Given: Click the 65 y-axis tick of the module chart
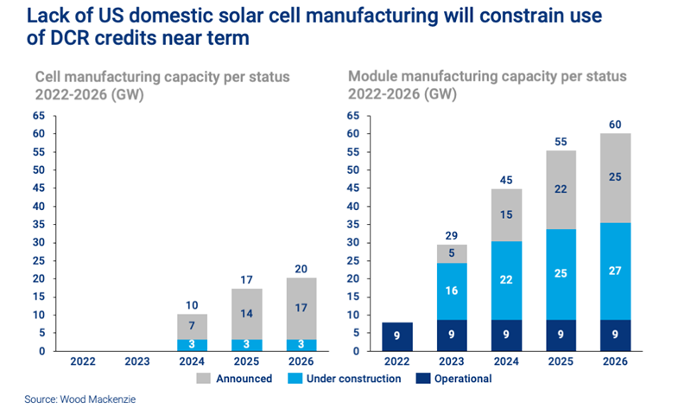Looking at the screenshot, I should click(352, 116).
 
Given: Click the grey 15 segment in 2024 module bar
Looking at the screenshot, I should click(506, 214).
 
